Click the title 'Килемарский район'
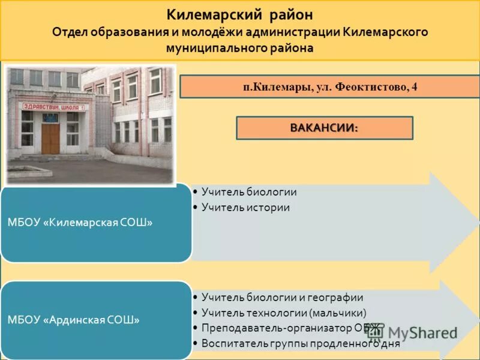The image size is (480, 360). (x=239, y=14)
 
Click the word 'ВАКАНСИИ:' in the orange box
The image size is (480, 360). (x=324, y=128)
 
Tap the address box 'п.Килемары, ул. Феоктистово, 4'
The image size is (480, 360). (x=330, y=87)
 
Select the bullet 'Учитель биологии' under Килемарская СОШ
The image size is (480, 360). (x=249, y=192)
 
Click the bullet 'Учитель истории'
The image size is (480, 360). (x=245, y=208)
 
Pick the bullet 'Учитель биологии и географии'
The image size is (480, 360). (x=282, y=298)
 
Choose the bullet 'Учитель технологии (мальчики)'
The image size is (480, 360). (x=284, y=313)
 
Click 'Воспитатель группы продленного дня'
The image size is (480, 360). (x=301, y=344)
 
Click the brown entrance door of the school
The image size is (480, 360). (x=50, y=139)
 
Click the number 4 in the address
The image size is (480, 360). (x=414, y=87)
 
